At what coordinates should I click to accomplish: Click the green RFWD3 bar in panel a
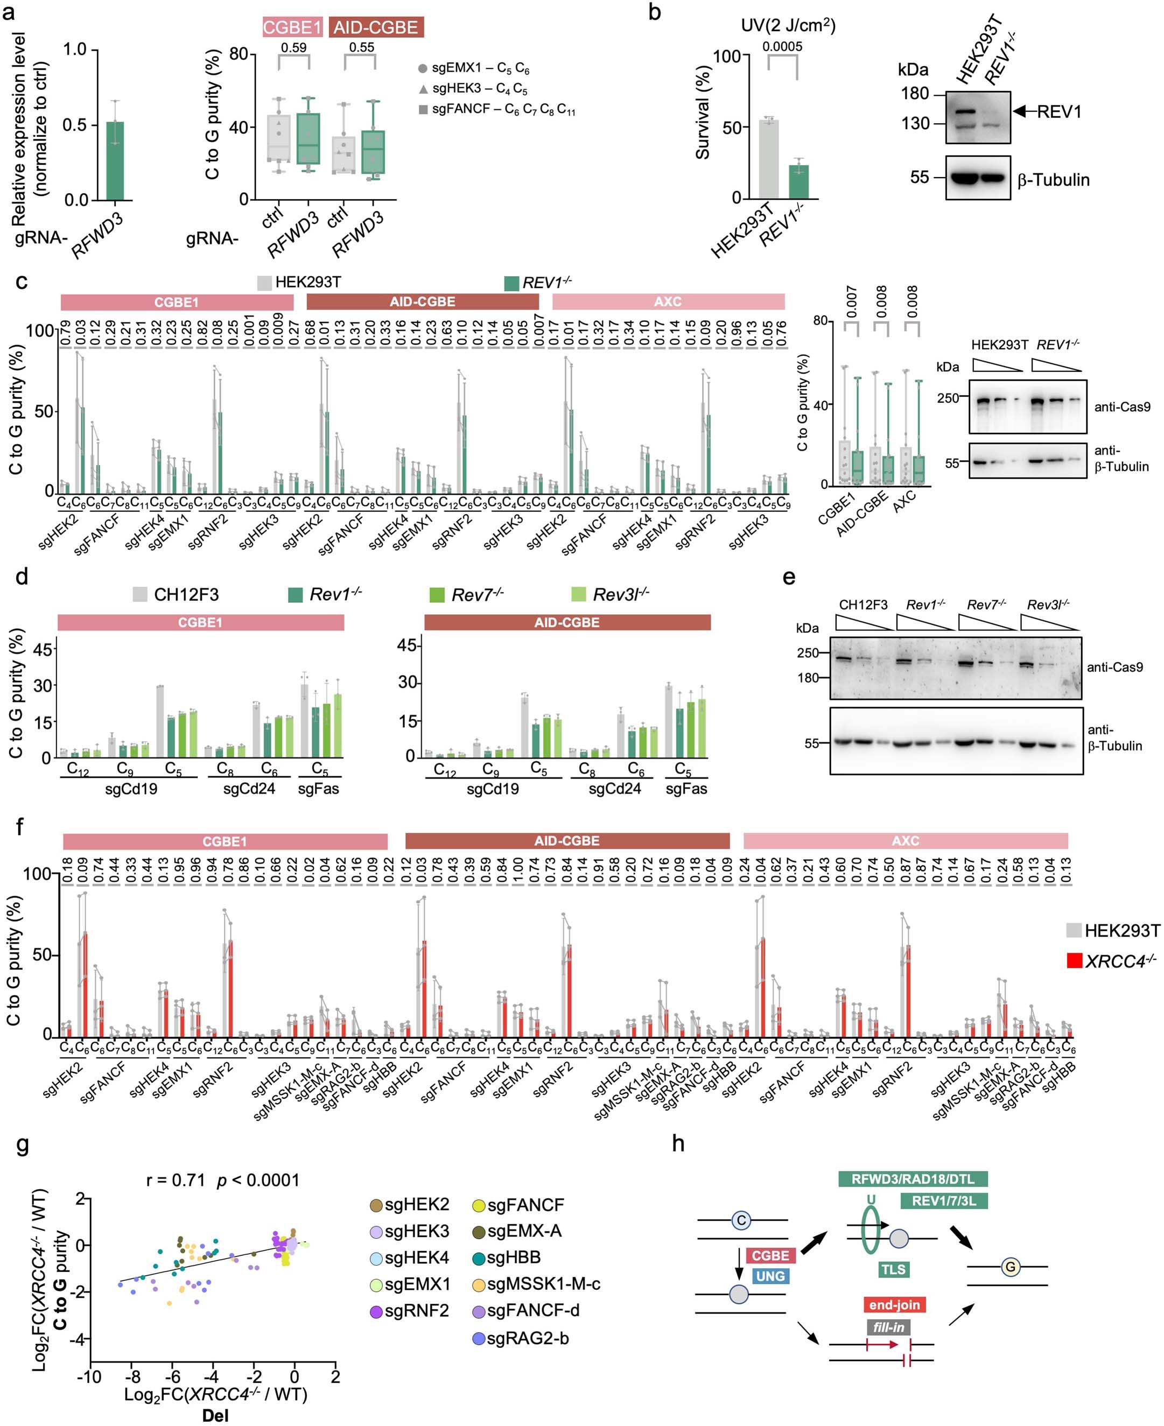tap(115, 161)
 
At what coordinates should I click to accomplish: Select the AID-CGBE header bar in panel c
tap(423, 301)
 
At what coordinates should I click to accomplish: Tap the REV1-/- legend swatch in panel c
tap(511, 284)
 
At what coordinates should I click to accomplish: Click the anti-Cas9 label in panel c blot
tap(1122, 406)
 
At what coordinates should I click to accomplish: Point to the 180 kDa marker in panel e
tap(808, 678)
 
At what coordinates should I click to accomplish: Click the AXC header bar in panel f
tap(905, 841)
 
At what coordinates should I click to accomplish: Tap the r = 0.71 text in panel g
tap(175, 1180)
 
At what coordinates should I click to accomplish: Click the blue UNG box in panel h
tap(770, 1276)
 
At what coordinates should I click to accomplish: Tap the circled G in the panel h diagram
tap(1010, 1267)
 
